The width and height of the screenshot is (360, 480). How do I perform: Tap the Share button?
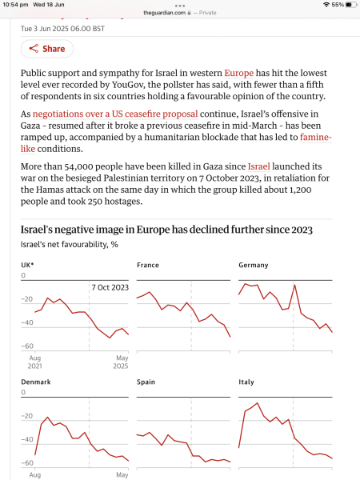click(x=46, y=49)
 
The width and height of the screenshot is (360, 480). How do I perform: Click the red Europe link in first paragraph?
click(x=238, y=72)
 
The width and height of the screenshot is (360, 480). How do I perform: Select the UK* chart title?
click(x=28, y=265)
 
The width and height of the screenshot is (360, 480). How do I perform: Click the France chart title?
click(x=147, y=265)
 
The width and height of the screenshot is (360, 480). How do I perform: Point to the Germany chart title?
click(x=254, y=265)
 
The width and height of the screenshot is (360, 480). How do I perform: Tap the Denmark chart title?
click(x=35, y=382)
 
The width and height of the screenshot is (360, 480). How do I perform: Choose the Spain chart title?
click(x=146, y=382)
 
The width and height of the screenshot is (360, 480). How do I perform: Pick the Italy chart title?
click(x=246, y=382)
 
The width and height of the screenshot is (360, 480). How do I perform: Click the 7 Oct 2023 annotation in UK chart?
click(x=110, y=287)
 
